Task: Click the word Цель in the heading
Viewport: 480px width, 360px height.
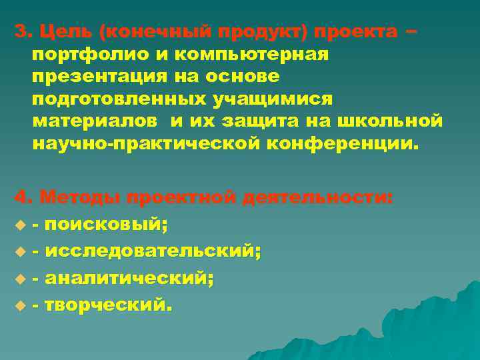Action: click(58, 31)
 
